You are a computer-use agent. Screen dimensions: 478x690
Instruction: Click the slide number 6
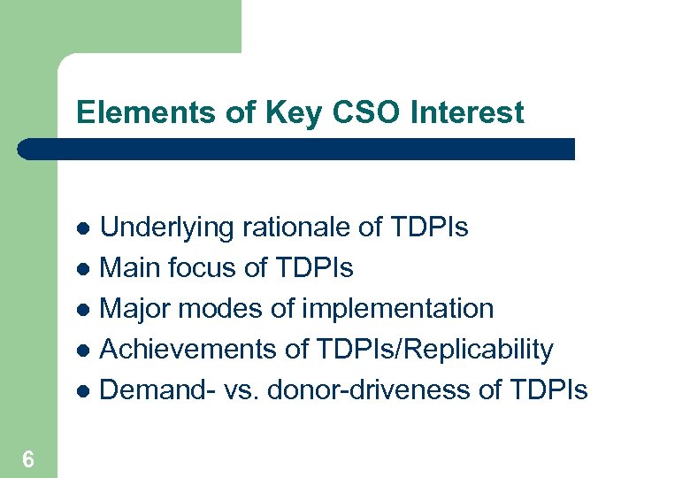[x=28, y=459]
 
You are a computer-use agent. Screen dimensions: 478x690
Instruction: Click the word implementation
[x=398, y=309]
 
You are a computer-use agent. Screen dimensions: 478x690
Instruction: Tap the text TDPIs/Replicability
[x=433, y=350]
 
